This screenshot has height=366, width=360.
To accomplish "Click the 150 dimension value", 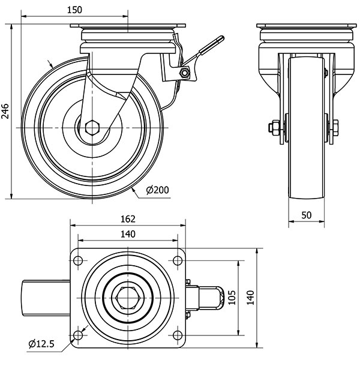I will [x=74, y=10].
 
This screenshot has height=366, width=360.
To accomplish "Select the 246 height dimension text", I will [x=5, y=112].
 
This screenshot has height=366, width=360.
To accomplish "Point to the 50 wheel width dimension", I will [x=306, y=215].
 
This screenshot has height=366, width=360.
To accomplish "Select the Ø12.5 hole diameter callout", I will [x=41, y=344].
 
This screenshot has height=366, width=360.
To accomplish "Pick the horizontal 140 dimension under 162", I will [x=127, y=234].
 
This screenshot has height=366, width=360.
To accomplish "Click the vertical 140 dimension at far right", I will [x=251, y=297].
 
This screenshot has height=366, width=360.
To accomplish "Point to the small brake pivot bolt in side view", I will [x=185, y=73].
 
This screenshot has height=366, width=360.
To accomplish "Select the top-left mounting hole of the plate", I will [x=78, y=260].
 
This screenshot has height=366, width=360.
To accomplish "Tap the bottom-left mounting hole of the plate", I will [x=78, y=334].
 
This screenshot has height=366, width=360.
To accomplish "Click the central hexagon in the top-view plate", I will [x=127, y=297].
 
